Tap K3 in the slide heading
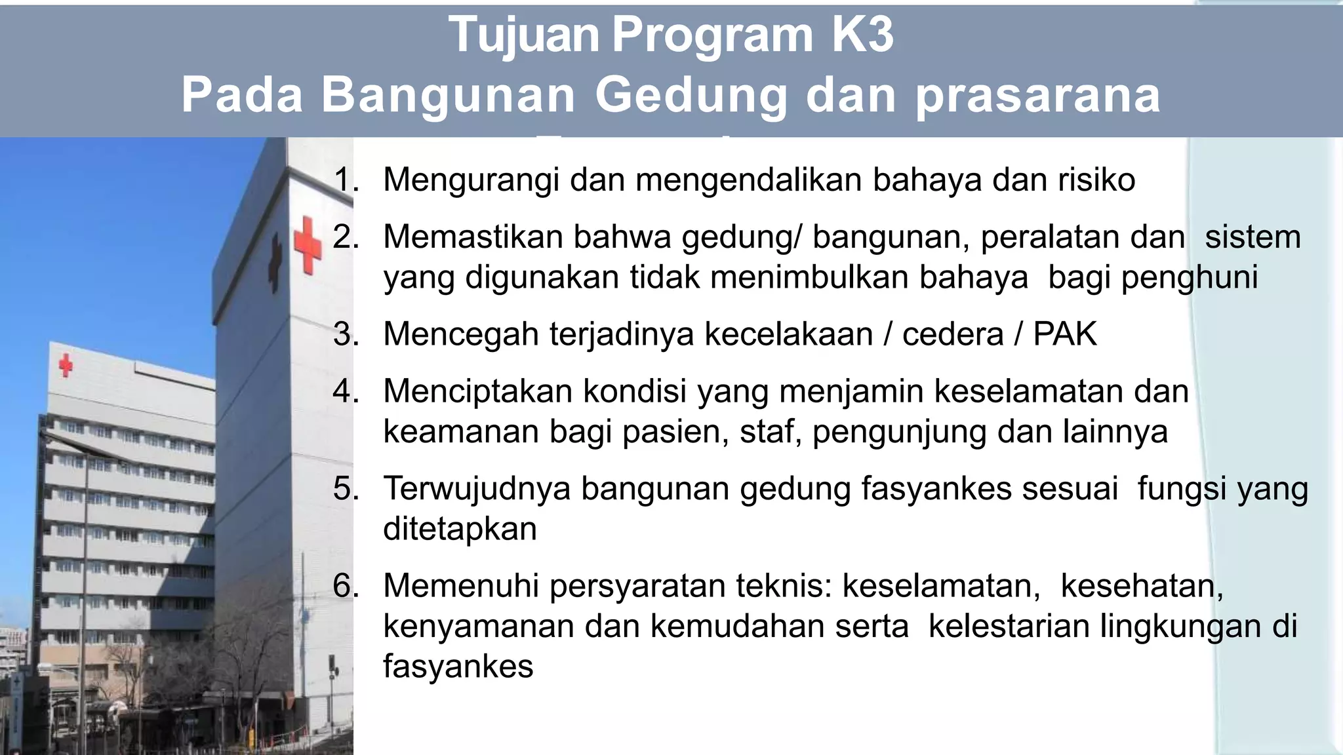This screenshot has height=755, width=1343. [862, 35]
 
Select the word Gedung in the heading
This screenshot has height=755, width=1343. [691, 96]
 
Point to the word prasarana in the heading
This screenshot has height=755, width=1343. [1037, 96]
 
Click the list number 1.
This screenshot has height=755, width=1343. [345, 180]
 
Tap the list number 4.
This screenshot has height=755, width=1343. [345, 391]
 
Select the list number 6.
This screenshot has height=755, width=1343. [345, 585]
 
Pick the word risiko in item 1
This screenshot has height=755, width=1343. [1096, 180]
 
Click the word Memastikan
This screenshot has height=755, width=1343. [473, 237]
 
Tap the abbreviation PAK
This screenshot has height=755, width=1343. [1064, 334]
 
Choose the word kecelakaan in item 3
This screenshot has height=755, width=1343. [788, 334]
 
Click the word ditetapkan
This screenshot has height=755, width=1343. [460, 529]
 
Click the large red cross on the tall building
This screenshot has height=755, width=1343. [307, 245]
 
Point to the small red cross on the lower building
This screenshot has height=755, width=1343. [66, 365]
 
